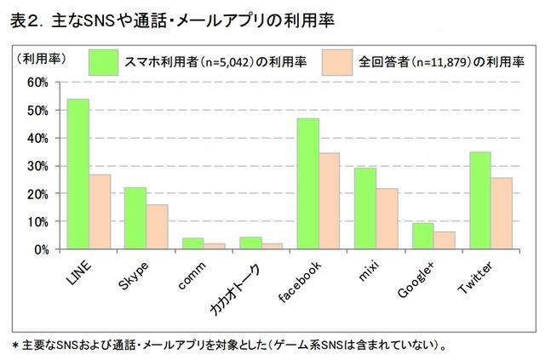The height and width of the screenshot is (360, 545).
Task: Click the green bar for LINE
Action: pos(78,174)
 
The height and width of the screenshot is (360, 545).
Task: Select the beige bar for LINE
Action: pos(100,212)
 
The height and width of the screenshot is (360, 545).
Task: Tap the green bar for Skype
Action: pos(135,218)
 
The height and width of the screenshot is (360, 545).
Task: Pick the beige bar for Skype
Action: pos(158,226)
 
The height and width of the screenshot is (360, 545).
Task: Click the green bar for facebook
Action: pos(307,184)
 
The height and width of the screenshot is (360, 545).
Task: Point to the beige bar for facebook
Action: pos(330,201)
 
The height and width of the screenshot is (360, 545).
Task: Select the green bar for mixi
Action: pos(364,209)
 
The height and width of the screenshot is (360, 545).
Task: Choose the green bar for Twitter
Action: pos(479,200)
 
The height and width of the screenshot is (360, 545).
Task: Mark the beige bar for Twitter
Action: pos(502,214)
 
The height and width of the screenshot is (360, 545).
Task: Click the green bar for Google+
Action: pos(422,236)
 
